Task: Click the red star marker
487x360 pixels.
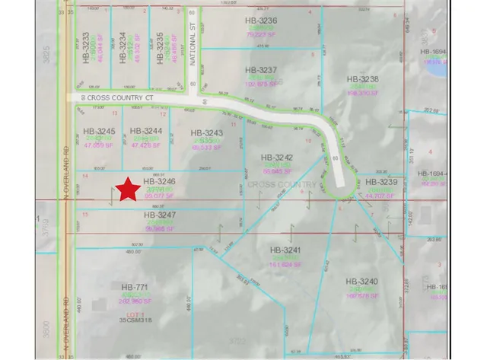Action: coord(128,189)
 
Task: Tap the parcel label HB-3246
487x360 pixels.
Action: coord(160,182)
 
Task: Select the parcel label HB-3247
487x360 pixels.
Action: coord(160,215)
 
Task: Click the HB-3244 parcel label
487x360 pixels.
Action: coord(147,130)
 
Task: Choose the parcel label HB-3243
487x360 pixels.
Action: coord(207,132)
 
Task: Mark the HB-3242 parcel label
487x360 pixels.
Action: coord(277,152)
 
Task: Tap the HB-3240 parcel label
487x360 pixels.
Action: coord(361,282)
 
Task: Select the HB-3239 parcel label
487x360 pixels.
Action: coord(382,183)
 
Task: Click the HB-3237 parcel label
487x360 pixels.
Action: coord(262,69)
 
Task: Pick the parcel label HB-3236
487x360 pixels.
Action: coord(262,21)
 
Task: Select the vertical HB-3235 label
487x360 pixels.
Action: coord(159,47)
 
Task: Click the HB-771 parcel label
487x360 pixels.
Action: coord(135,287)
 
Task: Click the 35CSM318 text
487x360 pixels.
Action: coord(135,320)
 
